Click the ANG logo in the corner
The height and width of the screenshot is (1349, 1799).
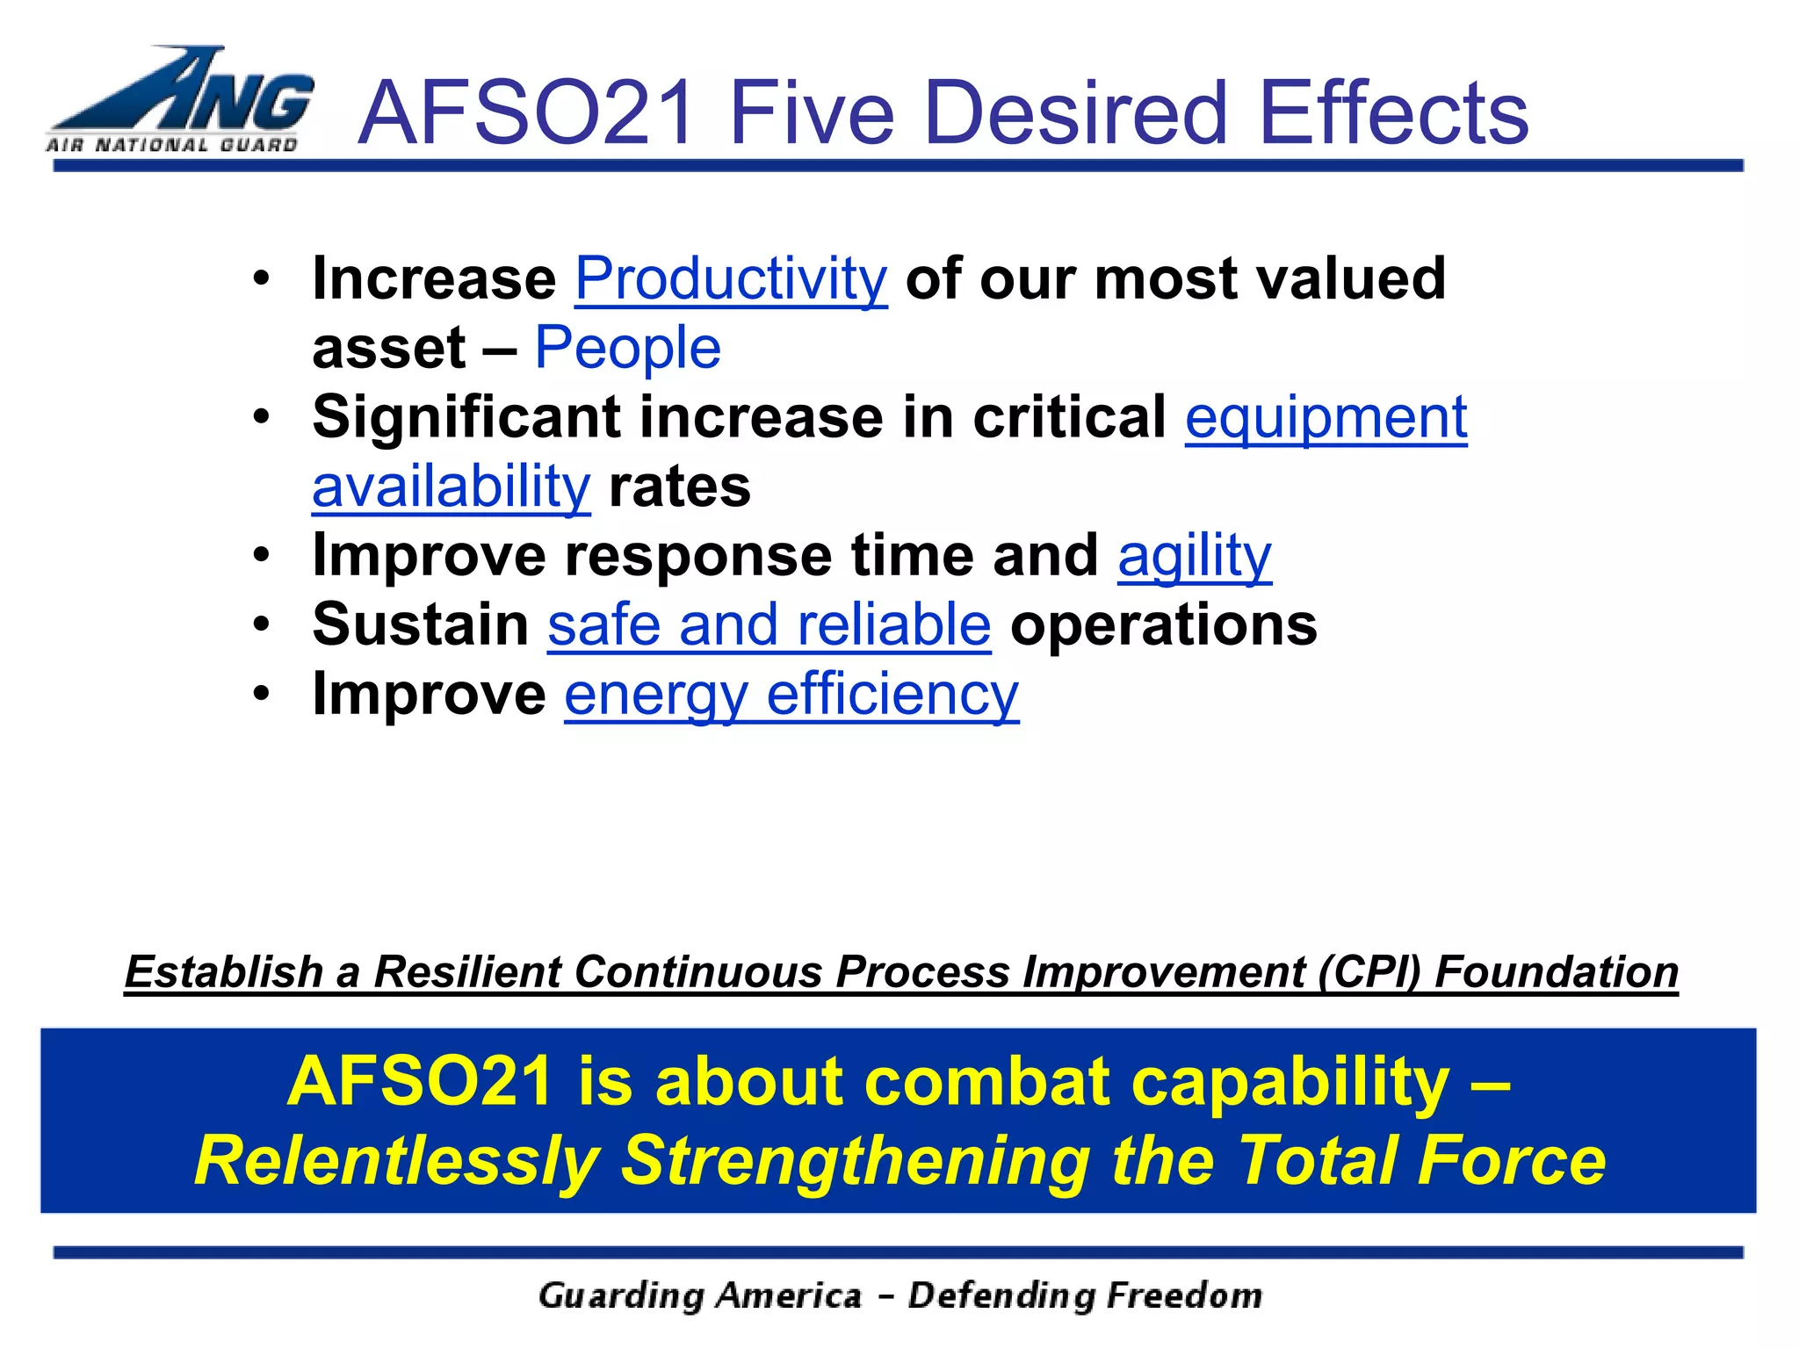pos(180,101)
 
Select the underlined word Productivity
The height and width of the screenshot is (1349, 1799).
pos(731,279)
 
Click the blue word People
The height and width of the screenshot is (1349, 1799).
pos(627,348)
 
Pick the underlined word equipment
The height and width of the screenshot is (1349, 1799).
pos(1326,418)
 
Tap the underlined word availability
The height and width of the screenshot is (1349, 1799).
pos(452,487)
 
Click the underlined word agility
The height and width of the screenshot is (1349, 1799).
pos(1194,556)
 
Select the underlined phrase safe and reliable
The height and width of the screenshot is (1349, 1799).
pos(769,624)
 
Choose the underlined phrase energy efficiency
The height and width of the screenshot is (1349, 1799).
pos(791,695)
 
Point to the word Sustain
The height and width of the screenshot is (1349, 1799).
pos(421,624)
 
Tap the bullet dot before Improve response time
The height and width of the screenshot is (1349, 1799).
pos(261,556)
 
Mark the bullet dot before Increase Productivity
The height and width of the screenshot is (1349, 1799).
pos(261,279)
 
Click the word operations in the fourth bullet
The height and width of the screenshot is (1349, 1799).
pos(1164,624)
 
